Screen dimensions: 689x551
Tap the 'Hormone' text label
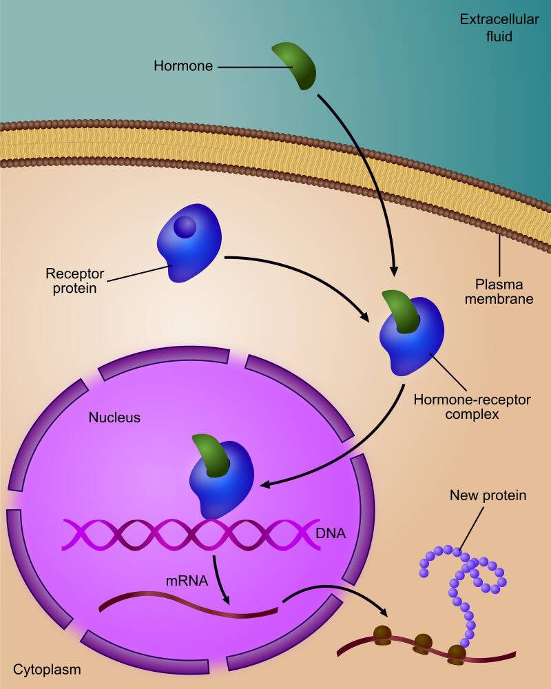pyautogui.click(x=183, y=67)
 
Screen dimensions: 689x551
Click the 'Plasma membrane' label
pyautogui.click(x=499, y=291)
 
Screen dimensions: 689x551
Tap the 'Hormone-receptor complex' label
pyautogui.click(x=472, y=407)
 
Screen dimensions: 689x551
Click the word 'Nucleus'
pyautogui.click(x=114, y=418)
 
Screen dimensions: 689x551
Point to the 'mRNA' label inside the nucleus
pyautogui.click(x=187, y=580)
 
